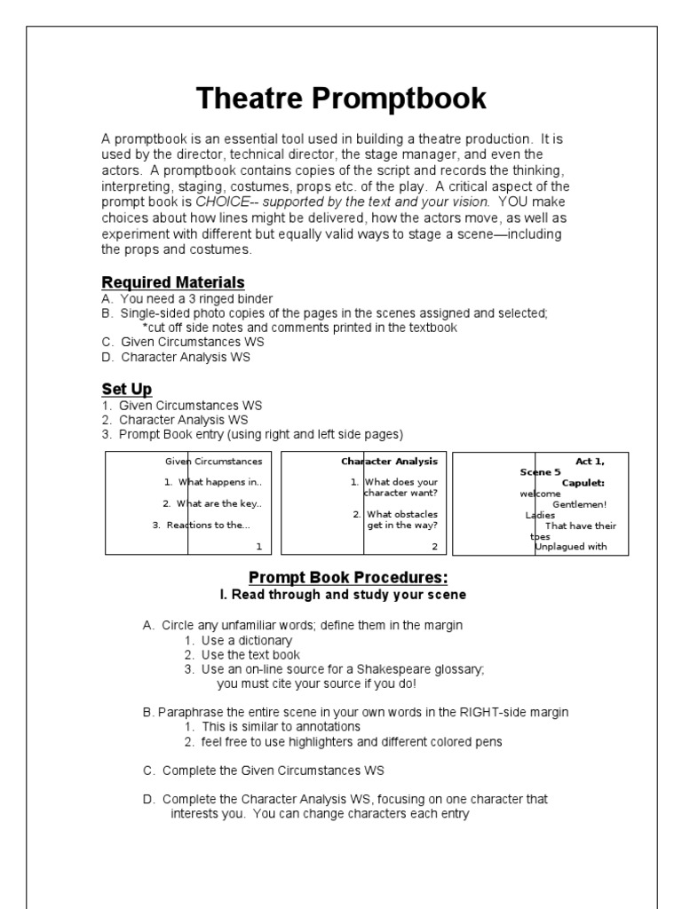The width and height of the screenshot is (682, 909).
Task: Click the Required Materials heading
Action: click(x=173, y=282)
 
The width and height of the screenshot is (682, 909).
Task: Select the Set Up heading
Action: click(x=127, y=389)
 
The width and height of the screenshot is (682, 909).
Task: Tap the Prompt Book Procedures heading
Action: click(x=342, y=578)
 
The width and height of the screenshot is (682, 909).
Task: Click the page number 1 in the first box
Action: click(x=258, y=547)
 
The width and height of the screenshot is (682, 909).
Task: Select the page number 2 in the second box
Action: click(x=434, y=547)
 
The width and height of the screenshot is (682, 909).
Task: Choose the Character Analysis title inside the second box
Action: click(x=390, y=462)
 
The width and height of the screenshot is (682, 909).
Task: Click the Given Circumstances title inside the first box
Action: click(x=214, y=462)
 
